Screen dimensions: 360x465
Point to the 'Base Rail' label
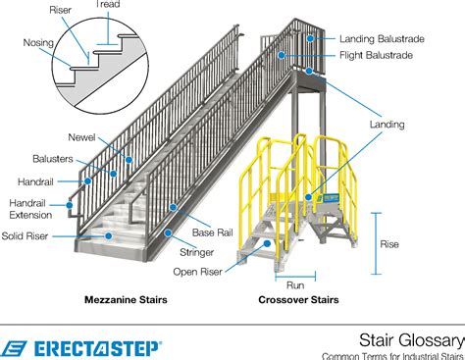pos(211,232)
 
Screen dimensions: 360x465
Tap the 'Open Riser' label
pos(195,272)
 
